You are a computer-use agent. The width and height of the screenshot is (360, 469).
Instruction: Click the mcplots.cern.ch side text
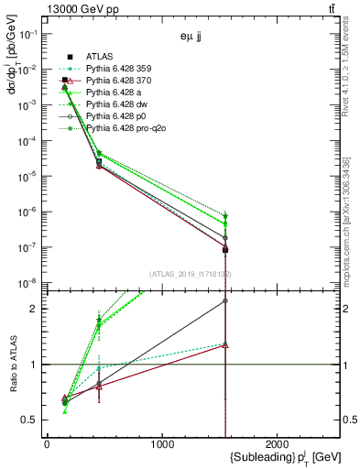pos(349,229)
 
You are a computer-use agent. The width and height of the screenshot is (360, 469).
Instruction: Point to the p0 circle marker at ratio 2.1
pos(225,300)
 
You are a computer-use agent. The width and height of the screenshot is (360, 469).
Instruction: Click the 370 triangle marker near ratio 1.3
pos(225,345)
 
